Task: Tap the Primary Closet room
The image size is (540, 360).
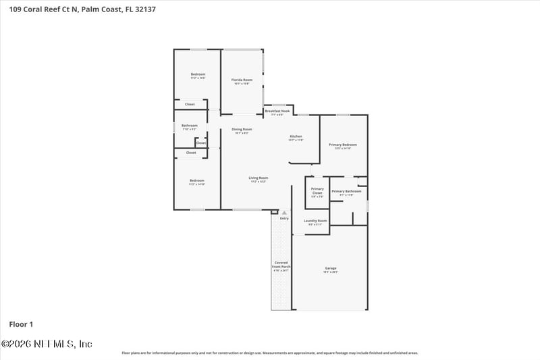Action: coord(317,192)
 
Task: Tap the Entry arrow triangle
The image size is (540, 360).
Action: coord(284,213)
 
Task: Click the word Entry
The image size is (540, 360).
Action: coord(284,218)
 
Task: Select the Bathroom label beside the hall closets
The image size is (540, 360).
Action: coord(190,126)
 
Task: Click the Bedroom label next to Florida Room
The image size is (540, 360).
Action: coord(197,75)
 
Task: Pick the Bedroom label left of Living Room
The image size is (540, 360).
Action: coord(196,181)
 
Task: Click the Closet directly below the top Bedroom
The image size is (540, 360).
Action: coord(190,104)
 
